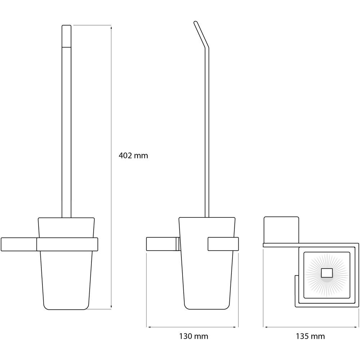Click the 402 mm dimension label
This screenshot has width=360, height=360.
tap(133, 156)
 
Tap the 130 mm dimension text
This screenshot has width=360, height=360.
tap(194, 336)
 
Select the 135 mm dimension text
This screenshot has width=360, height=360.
tap(310, 336)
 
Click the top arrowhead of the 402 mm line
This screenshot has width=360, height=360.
tap(111, 28)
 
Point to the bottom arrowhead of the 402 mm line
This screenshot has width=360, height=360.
tap(111, 307)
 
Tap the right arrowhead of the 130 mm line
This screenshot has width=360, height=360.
tap(236, 327)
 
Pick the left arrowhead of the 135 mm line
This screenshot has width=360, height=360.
tap(265, 327)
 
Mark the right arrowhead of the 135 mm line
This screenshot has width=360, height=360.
tap(356, 327)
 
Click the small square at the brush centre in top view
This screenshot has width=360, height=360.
tap(327, 273)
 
